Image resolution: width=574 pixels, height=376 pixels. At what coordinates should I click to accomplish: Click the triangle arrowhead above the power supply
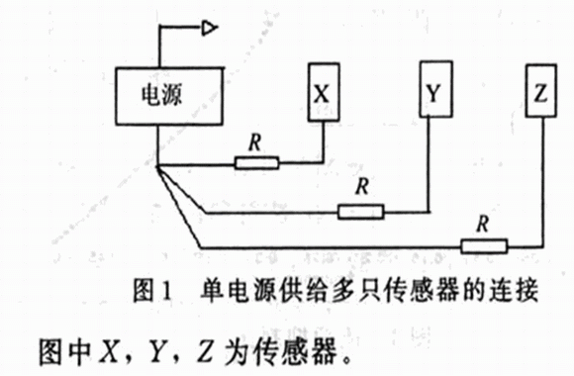tap(210, 28)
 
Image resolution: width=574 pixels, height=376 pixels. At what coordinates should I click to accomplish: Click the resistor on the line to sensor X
tap(256, 163)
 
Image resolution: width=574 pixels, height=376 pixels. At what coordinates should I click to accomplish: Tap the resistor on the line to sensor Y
tap(360, 212)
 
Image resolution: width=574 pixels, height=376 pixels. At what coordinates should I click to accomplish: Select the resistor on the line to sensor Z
tap(484, 246)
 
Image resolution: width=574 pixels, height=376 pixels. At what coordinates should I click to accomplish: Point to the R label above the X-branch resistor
tap(255, 142)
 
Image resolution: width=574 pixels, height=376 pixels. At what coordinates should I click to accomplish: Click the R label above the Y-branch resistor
tap(362, 186)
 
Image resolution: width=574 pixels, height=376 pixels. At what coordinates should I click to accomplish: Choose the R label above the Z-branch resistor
tap(483, 224)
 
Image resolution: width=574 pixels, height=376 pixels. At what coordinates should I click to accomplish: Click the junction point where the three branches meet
tap(157, 167)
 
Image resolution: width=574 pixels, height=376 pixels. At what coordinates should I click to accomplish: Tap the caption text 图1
tap(152, 291)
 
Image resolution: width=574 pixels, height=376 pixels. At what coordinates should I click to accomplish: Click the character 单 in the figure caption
tap(213, 291)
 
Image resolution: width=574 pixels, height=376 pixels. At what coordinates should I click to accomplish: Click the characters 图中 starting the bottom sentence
tap(64, 352)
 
